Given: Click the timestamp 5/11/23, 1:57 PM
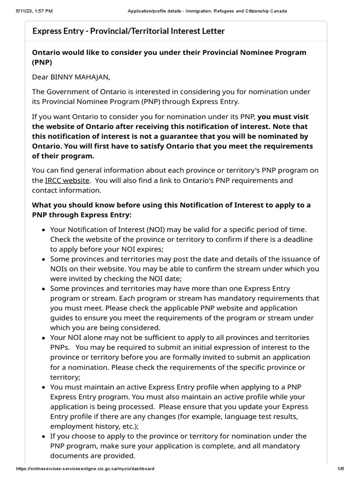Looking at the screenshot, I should tap(28, 11).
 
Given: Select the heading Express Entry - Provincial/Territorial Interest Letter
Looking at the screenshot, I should tap(128, 31).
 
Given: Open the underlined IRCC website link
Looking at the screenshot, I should tap(67, 180).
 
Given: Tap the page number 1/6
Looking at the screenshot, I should tap(341, 468).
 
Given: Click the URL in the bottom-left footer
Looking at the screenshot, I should tap(85, 468).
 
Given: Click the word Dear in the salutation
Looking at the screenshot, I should tap(40, 77).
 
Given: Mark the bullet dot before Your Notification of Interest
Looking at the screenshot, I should tap(44, 230).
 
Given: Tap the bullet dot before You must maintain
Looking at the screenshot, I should tap(44, 388).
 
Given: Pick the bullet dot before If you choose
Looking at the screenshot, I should tap(44, 437).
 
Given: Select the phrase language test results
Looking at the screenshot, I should tap(258, 416).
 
